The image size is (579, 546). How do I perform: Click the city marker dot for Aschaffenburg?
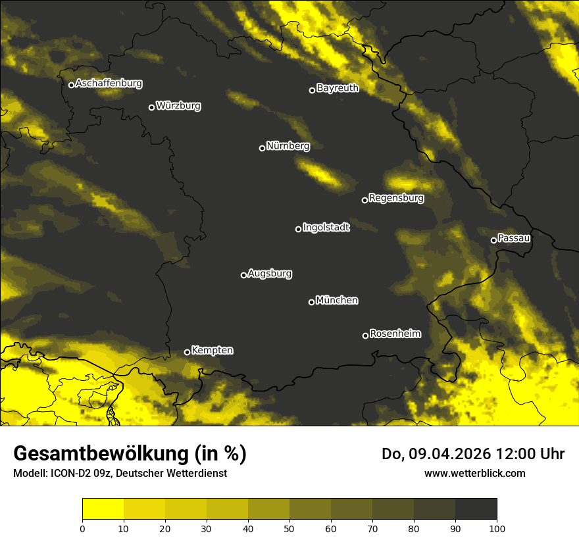pyautogui.click(x=71, y=85)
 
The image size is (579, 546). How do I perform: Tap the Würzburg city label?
pyautogui.click(x=178, y=106)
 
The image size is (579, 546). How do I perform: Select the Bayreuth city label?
pyautogui.click(x=338, y=88)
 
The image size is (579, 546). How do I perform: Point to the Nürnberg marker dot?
pyautogui.click(x=262, y=148)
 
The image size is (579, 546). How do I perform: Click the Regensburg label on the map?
pyautogui.click(x=396, y=198)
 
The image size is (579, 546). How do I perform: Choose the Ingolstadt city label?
pyautogui.click(x=326, y=228)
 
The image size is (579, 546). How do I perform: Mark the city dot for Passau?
pyautogui.click(x=493, y=240)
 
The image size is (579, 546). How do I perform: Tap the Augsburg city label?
pyautogui.click(x=270, y=274)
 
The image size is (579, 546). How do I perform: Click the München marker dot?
pyautogui.click(x=311, y=303)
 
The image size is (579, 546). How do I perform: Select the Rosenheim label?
pyautogui.click(x=395, y=334)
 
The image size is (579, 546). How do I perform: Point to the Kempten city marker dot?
pyautogui.click(x=187, y=352)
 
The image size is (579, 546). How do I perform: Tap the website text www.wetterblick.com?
pyautogui.click(x=474, y=473)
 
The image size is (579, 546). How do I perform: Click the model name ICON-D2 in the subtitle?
pyautogui.click(x=68, y=474)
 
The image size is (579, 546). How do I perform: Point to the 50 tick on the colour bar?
pyautogui.click(x=289, y=528)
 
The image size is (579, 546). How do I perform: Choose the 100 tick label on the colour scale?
pyautogui.click(x=497, y=528)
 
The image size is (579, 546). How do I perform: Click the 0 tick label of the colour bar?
pyautogui.click(x=82, y=528)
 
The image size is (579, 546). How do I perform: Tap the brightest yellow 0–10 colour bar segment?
pyautogui.click(x=103, y=509)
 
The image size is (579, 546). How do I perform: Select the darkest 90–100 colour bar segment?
pyautogui.click(x=476, y=509)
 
